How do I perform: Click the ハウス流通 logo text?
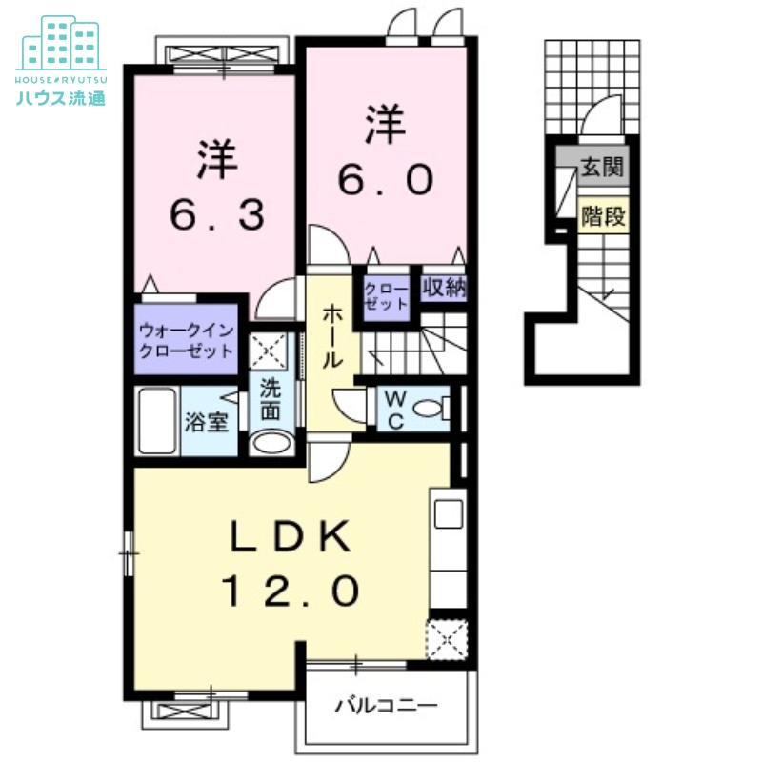click(x=61, y=98)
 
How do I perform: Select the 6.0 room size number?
click(x=386, y=179)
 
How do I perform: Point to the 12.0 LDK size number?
click(x=291, y=591)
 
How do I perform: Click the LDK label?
click(x=291, y=536)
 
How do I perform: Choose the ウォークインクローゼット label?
click(x=186, y=340)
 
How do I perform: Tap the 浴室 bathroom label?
click(x=207, y=422)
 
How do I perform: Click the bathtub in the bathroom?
click(x=157, y=421)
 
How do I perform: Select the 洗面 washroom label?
click(x=271, y=400)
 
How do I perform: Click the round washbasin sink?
click(x=272, y=443)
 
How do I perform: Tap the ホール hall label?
click(x=332, y=336)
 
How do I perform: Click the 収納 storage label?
click(x=444, y=289)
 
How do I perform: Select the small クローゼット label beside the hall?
click(x=387, y=296)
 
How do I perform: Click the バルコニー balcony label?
click(x=387, y=705)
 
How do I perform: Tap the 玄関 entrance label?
click(x=602, y=168)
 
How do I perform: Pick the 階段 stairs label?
click(x=603, y=216)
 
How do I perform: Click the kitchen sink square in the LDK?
click(x=449, y=514)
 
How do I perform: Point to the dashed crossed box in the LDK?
click(x=447, y=639)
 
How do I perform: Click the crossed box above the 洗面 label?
click(x=268, y=351)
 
